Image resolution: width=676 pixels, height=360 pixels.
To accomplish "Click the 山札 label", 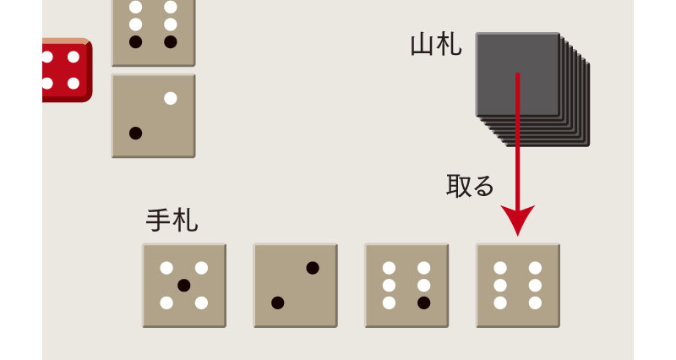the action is coord(436,45).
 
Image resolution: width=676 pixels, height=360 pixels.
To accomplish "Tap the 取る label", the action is coord(470,186).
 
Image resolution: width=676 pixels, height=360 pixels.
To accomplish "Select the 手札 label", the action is coord(172,220).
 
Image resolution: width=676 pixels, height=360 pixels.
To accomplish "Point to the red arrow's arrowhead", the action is coord(517,220).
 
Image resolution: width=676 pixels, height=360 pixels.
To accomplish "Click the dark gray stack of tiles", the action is coord(532,90).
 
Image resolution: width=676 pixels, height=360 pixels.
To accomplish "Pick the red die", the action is coord(68,70).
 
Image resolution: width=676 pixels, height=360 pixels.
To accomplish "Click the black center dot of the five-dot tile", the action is coord(184,286).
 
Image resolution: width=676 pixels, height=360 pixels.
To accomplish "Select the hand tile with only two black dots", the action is coord(295,286).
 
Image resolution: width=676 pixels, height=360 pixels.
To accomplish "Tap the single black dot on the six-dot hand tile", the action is coord(424,303).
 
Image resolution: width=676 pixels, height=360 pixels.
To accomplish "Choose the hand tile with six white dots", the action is coord(518,286).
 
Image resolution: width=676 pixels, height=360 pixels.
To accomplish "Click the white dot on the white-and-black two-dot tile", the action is coord(171,98).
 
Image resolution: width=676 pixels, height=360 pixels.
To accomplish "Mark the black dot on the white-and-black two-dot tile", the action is coord(136,134).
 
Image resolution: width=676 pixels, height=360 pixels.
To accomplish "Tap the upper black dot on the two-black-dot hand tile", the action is coord(313,268).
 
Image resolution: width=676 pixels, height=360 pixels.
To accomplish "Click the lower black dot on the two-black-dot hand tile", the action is coord(278,303).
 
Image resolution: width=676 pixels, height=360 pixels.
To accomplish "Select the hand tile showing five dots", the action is coord(184,286).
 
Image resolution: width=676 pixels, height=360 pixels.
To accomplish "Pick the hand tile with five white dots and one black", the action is coord(406,286).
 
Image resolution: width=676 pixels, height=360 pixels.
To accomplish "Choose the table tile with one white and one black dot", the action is coord(154,116).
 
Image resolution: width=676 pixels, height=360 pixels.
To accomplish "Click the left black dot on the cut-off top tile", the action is coord(136,41).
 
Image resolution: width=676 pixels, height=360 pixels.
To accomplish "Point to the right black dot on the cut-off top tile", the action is coord(171,41).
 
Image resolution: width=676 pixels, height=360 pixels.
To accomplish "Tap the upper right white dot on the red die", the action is coord(74,57).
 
